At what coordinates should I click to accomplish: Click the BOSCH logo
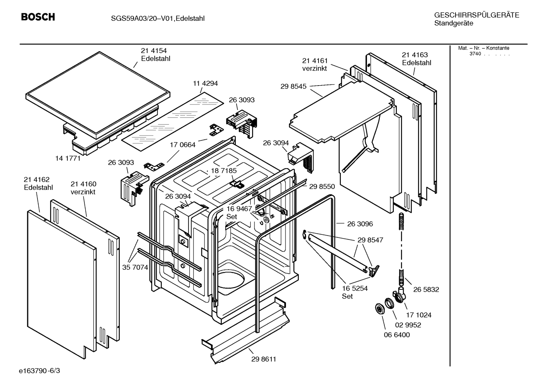(38, 17)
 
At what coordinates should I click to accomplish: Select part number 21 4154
(154, 51)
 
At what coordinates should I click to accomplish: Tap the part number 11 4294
(205, 83)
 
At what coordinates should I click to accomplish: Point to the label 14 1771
(68, 158)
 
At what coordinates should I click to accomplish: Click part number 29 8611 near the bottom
(264, 359)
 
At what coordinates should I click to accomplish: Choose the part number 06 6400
(397, 335)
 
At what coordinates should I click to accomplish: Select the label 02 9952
(408, 325)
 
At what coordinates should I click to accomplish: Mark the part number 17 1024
(419, 315)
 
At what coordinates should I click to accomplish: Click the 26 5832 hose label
(426, 289)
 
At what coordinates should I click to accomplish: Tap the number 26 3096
(360, 224)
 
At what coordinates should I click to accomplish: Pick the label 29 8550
(322, 186)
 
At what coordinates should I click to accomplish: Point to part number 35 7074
(135, 267)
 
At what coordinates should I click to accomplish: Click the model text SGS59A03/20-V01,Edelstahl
(158, 19)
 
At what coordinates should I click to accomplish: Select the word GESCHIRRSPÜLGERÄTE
(477, 15)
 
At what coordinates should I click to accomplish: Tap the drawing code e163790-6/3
(39, 371)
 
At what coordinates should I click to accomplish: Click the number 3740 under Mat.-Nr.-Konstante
(475, 54)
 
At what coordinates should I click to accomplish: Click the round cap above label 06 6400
(380, 309)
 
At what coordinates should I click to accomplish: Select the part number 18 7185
(224, 171)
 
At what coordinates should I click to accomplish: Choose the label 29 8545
(293, 86)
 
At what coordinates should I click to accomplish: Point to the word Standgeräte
(454, 23)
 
